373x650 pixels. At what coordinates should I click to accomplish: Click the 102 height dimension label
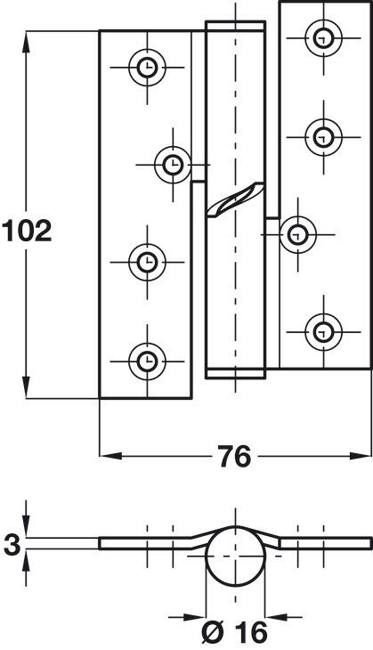coord(27,231)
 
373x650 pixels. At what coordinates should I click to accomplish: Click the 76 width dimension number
coord(235,457)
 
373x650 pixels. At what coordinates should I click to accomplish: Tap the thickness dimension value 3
coord(12,544)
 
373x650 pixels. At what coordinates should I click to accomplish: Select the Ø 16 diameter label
coord(235,633)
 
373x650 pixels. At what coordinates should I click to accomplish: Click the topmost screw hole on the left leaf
coord(147,68)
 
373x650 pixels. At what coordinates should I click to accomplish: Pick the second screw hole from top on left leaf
coord(173,165)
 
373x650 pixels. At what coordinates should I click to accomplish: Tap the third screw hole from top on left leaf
coord(147,263)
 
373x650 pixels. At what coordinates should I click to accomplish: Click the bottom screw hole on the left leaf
coord(147,362)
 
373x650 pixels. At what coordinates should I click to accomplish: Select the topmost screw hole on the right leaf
coord(324,38)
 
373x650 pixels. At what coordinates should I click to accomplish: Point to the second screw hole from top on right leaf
coord(324,137)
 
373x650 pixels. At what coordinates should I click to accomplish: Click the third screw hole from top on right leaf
coord(298,235)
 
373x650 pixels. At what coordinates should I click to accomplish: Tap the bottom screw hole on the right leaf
coord(324,332)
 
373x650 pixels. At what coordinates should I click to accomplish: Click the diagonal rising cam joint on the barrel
coord(235,199)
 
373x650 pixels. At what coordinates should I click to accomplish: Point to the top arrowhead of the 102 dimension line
coord(26,42)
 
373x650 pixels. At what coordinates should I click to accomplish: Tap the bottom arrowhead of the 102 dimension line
coord(26,387)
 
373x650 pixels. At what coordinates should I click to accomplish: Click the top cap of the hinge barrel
coord(235,26)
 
